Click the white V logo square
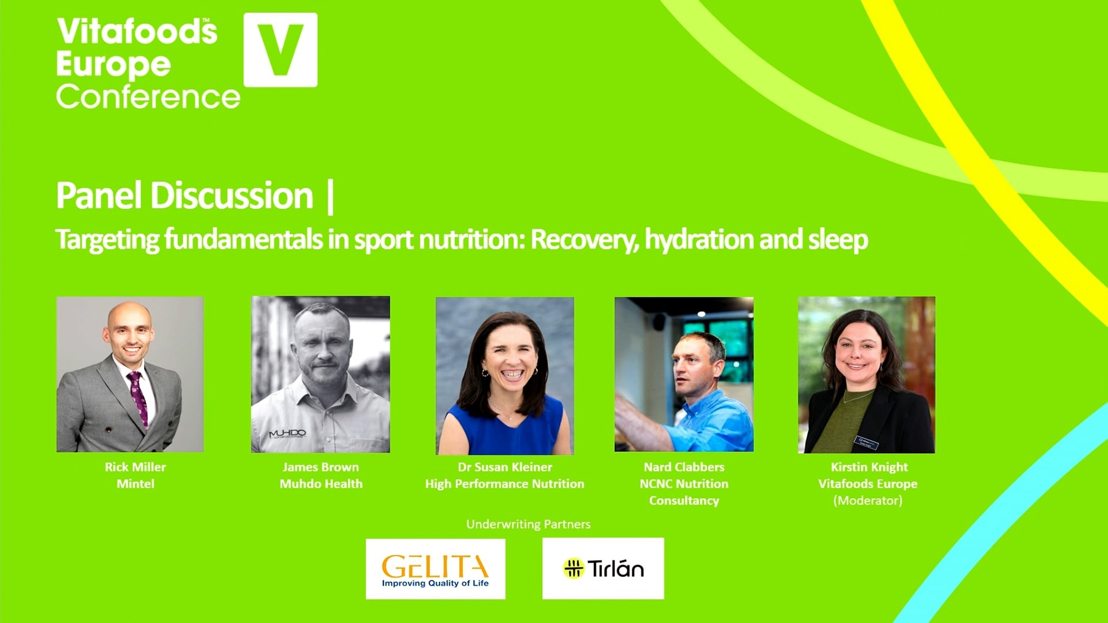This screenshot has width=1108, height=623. pyautogui.click(x=281, y=50)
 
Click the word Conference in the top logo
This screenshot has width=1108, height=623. pyautogui.click(x=148, y=97)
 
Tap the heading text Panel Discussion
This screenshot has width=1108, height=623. pyautogui.click(x=185, y=196)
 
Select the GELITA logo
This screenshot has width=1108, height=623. pyautogui.click(x=435, y=569)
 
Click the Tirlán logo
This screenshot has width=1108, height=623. pyautogui.click(x=603, y=568)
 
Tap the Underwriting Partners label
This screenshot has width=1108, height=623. pyautogui.click(x=528, y=524)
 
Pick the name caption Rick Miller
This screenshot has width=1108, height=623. pyautogui.click(x=135, y=467)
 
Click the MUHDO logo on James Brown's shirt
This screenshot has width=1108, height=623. pyautogui.click(x=287, y=434)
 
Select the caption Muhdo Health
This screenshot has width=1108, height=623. pyautogui.click(x=321, y=483)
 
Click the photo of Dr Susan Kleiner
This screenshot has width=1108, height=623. pyautogui.click(x=505, y=376)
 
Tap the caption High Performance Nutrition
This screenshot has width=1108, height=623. pyautogui.click(x=505, y=484)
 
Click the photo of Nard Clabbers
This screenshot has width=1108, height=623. pyautogui.click(x=684, y=375)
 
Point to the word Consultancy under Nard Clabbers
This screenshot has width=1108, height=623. pyautogui.click(x=684, y=501)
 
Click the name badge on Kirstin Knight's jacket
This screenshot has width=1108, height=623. pyautogui.click(x=866, y=442)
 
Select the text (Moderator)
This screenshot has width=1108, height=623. pyautogui.click(x=868, y=501)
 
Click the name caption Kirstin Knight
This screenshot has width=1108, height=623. pyautogui.click(x=869, y=467)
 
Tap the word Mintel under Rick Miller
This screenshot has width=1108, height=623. pyautogui.click(x=135, y=483)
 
